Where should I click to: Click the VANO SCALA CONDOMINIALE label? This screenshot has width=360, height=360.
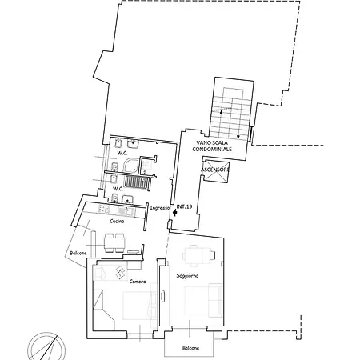click(x=212, y=146)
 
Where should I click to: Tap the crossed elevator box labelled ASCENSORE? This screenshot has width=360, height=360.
click(x=216, y=170)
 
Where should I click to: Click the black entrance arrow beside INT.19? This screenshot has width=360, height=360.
click(x=174, y=213)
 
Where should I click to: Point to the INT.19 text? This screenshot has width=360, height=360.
click(x=184, y=206)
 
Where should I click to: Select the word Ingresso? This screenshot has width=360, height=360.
click(x=160, y=208)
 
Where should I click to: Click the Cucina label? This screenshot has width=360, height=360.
click(x=117, y=221)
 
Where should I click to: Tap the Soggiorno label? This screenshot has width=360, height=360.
click(x=187, y=276)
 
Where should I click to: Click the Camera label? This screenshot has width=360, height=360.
click(x=138, y=282)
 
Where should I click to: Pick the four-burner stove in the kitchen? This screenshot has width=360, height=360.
click(x=104, y=209)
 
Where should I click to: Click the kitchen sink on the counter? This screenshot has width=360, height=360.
click(x=125, y=211)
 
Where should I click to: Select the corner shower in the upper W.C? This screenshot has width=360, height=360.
click(x=130, y=166)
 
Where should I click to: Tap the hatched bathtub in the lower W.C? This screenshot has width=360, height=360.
click(x=137, y=182)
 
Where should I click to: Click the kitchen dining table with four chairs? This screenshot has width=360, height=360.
click(x=114, y=243)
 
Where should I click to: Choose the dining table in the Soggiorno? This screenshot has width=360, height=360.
click(x=198, y=255)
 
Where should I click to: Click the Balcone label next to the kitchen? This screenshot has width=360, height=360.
click(x=78, y=253)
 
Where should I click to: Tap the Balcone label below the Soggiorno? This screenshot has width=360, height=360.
click(x=190, y=348)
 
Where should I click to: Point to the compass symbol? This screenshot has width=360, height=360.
click(x=46, y=346)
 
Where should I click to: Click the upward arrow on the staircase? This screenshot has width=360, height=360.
click(x=221, y=112)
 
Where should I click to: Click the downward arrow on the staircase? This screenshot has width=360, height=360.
click(x=238, y=137)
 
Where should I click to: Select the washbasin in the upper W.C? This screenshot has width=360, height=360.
click(x=133, y=144)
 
